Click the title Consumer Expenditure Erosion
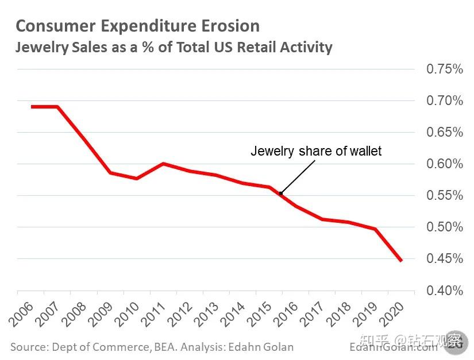[x=137, y=26]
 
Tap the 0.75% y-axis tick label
[x=444, y=69]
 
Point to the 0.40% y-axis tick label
[x=444, y=291]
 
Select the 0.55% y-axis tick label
[x=444, y=196]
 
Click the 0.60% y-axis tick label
[x=444, y=164]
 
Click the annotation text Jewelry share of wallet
[x=316, y=152]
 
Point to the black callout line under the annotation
[x=298, y=177]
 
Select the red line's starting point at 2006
[x=32, y=107]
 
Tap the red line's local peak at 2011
[x=163, y=164]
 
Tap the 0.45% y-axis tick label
[x=444, y=259]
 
